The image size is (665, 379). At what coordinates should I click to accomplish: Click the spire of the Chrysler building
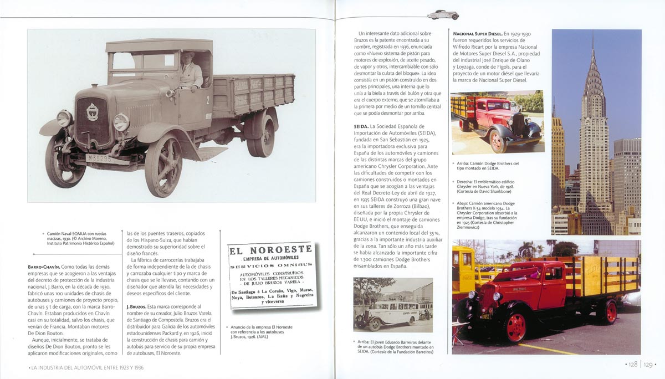(x=592, y=50)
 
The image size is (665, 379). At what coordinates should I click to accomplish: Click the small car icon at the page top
(x=443, y=15)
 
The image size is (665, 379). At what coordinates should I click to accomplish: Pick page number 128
(x=631, y=364)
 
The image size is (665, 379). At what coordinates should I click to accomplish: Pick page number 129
(x=647, y=364)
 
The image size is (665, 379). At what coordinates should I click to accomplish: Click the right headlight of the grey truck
(x=121, y=122)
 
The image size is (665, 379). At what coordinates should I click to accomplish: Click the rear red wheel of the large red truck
(x=610, y=312)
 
